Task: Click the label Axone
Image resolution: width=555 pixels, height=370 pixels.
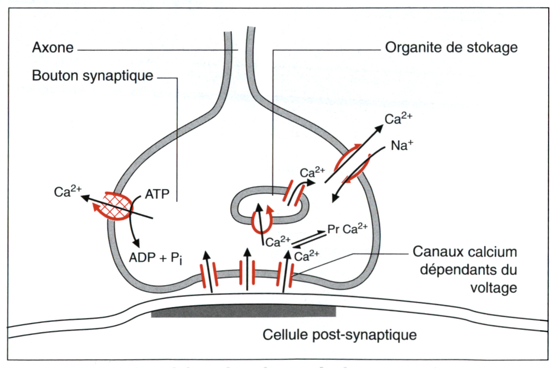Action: click(x=53, y=48)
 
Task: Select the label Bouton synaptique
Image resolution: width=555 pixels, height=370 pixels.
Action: click(x=92, y=76)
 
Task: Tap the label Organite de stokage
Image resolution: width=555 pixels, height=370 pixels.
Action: click(x=451, y=47)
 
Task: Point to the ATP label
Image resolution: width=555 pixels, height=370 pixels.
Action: click(x=157, y=194)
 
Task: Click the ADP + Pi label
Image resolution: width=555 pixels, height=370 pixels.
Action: click(x=155, y=258)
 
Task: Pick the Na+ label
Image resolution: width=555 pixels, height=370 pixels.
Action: click(x=402, y=145)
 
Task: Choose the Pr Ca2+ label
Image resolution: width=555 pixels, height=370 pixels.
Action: click(x=347, y=229)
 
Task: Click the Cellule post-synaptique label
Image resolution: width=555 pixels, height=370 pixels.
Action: click(x=340, y=334)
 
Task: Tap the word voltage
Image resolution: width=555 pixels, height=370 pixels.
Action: click(x=493, y=287)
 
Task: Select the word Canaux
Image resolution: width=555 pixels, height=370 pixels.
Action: click(x=433, y=252)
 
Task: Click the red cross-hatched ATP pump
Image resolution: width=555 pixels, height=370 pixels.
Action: click(x=118, y=206)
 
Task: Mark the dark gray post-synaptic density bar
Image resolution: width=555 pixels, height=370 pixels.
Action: click(x=243, y=312)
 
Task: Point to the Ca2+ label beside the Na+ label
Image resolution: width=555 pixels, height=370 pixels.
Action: click(x=398, y=118)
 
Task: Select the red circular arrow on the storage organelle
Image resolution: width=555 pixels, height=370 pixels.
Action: click(x=262, y=221)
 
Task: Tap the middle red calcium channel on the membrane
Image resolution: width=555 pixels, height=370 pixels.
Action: click(x=247, y=272)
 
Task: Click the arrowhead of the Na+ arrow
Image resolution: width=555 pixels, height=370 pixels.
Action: click(x=334, y=199)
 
